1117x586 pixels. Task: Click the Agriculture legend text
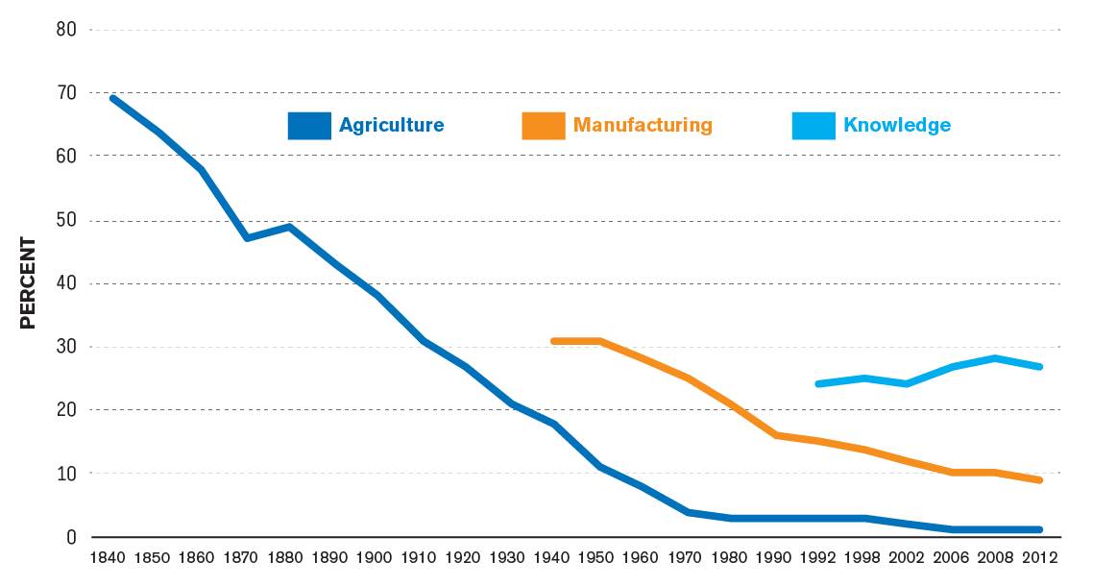coord(391,125)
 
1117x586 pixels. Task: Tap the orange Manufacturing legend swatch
coord(543,126)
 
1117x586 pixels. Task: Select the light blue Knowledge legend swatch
coord(813,126)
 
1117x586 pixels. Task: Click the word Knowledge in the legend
coord(897,125)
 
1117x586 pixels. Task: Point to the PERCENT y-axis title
coord(28,283)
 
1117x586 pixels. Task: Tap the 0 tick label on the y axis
coord(71,537)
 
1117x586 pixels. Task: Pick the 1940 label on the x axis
coord(554,557)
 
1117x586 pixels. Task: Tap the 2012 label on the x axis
coord(1039,557)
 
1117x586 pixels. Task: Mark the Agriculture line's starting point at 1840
coord(113,98)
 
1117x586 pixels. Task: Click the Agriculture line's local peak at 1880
coord(289,227)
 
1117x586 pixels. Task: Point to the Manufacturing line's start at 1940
coord(554,341)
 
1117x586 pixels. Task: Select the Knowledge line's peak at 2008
coord(995,358)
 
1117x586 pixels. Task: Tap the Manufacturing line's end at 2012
coord(1039,479)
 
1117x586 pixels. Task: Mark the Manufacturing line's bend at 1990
coord(775,435)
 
